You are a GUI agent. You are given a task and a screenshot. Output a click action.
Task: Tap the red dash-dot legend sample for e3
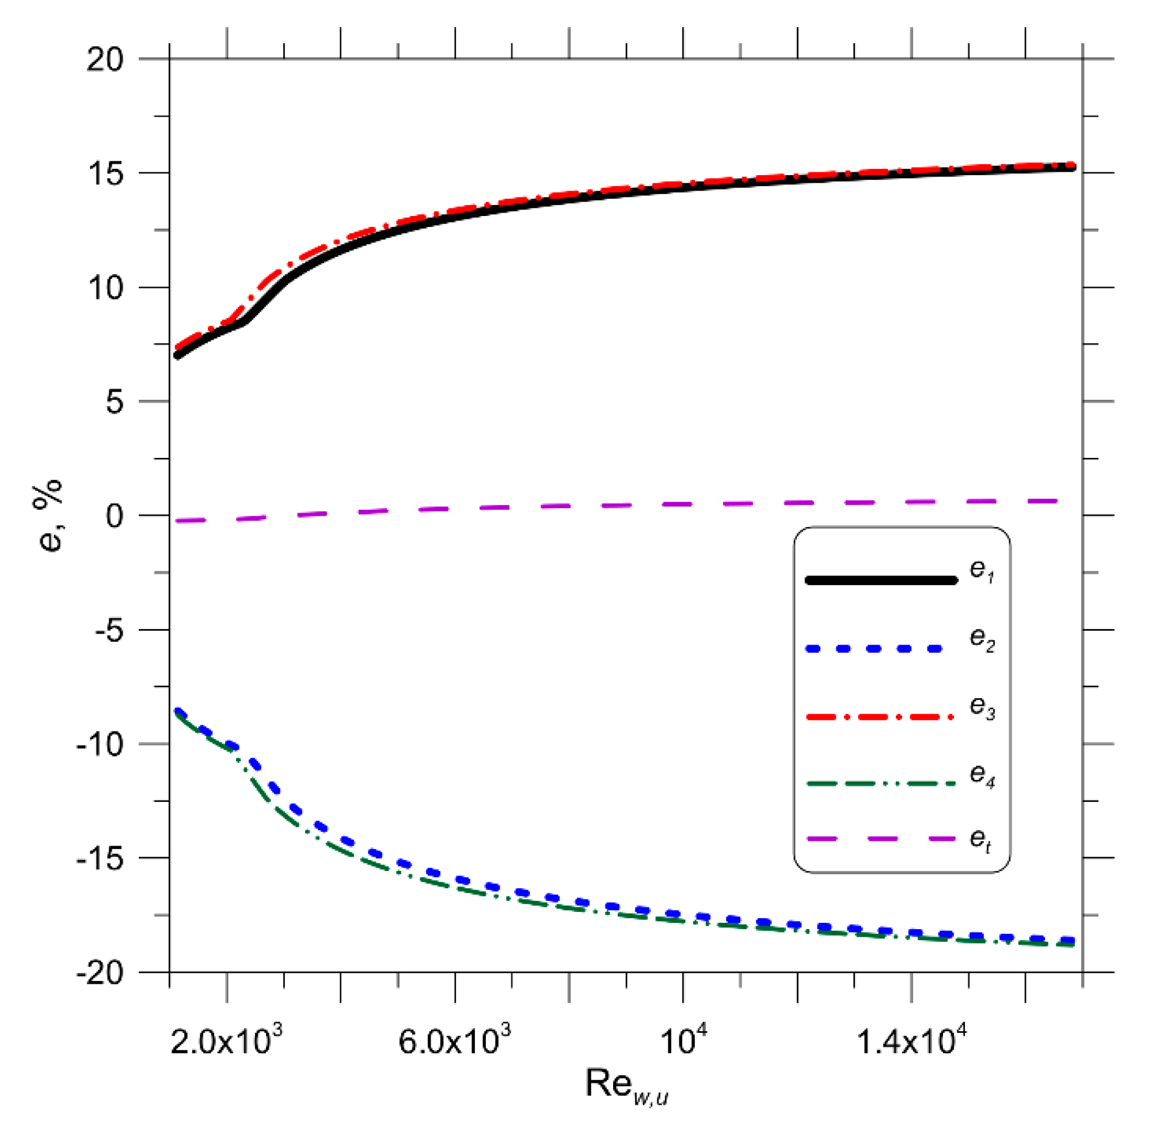(880, 717)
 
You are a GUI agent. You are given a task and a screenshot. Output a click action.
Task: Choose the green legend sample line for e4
(880, 784)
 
